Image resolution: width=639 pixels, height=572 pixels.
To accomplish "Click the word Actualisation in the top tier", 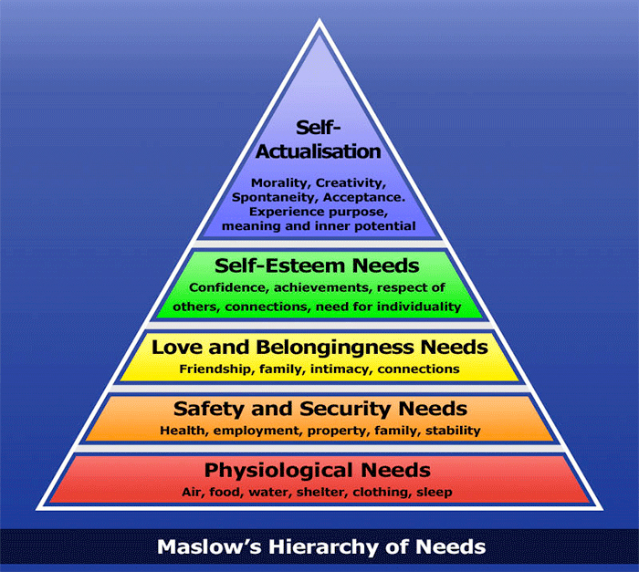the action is pos(319,151).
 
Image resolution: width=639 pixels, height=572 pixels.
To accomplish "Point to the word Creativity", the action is pos(351,183).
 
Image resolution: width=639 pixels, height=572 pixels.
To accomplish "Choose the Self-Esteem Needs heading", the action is pos(317,265).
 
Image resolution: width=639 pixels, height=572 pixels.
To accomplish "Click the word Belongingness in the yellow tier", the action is pos(335,348).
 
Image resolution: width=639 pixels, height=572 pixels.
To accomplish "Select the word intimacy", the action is pos(341,369).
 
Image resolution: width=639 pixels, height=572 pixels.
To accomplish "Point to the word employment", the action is pos(257,431).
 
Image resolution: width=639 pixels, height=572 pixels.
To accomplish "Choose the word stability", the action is pos(453,431).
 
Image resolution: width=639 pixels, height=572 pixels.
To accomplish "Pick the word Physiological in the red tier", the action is pos(278,470).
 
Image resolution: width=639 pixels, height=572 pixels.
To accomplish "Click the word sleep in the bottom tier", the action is pos(434,492).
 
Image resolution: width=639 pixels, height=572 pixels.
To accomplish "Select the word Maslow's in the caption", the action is pos(209,546).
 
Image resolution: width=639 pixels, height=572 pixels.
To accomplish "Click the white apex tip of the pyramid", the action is pos(319,19).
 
